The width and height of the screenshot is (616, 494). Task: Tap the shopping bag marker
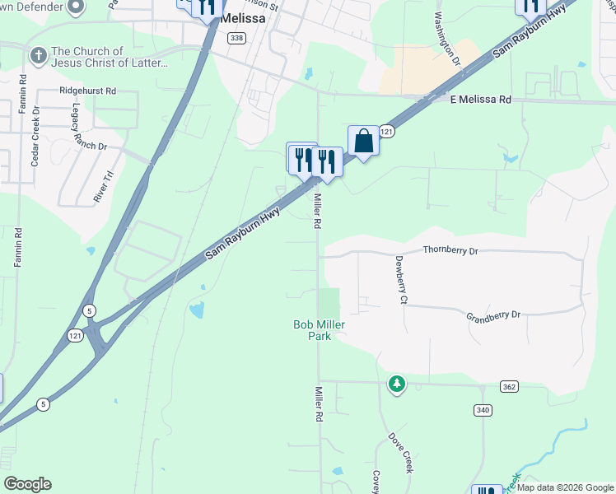click(x=363, y=141)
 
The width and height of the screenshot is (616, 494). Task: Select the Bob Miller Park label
click(x=319, y=330)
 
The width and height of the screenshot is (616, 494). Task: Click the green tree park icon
click(x=397, y=384)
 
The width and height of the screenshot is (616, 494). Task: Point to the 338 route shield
click(x=237, y=38)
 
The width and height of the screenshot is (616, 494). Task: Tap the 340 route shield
click(x=483, y=410)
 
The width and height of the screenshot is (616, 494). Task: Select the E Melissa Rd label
click(x=480, y=100)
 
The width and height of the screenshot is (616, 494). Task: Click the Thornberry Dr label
click(x=450, y=249)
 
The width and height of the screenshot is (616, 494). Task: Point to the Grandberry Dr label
click(x=494, y=315)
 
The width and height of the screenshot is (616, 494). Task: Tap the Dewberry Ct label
click(x=401, y=281)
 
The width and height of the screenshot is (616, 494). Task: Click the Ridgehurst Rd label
click(x=87, y=91)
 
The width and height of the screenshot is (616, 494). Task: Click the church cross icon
click(x=37, y=56)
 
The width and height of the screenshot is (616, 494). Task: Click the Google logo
click(x=27, y=484)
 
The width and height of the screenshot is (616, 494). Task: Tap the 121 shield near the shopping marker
click(x=388, y=132)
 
